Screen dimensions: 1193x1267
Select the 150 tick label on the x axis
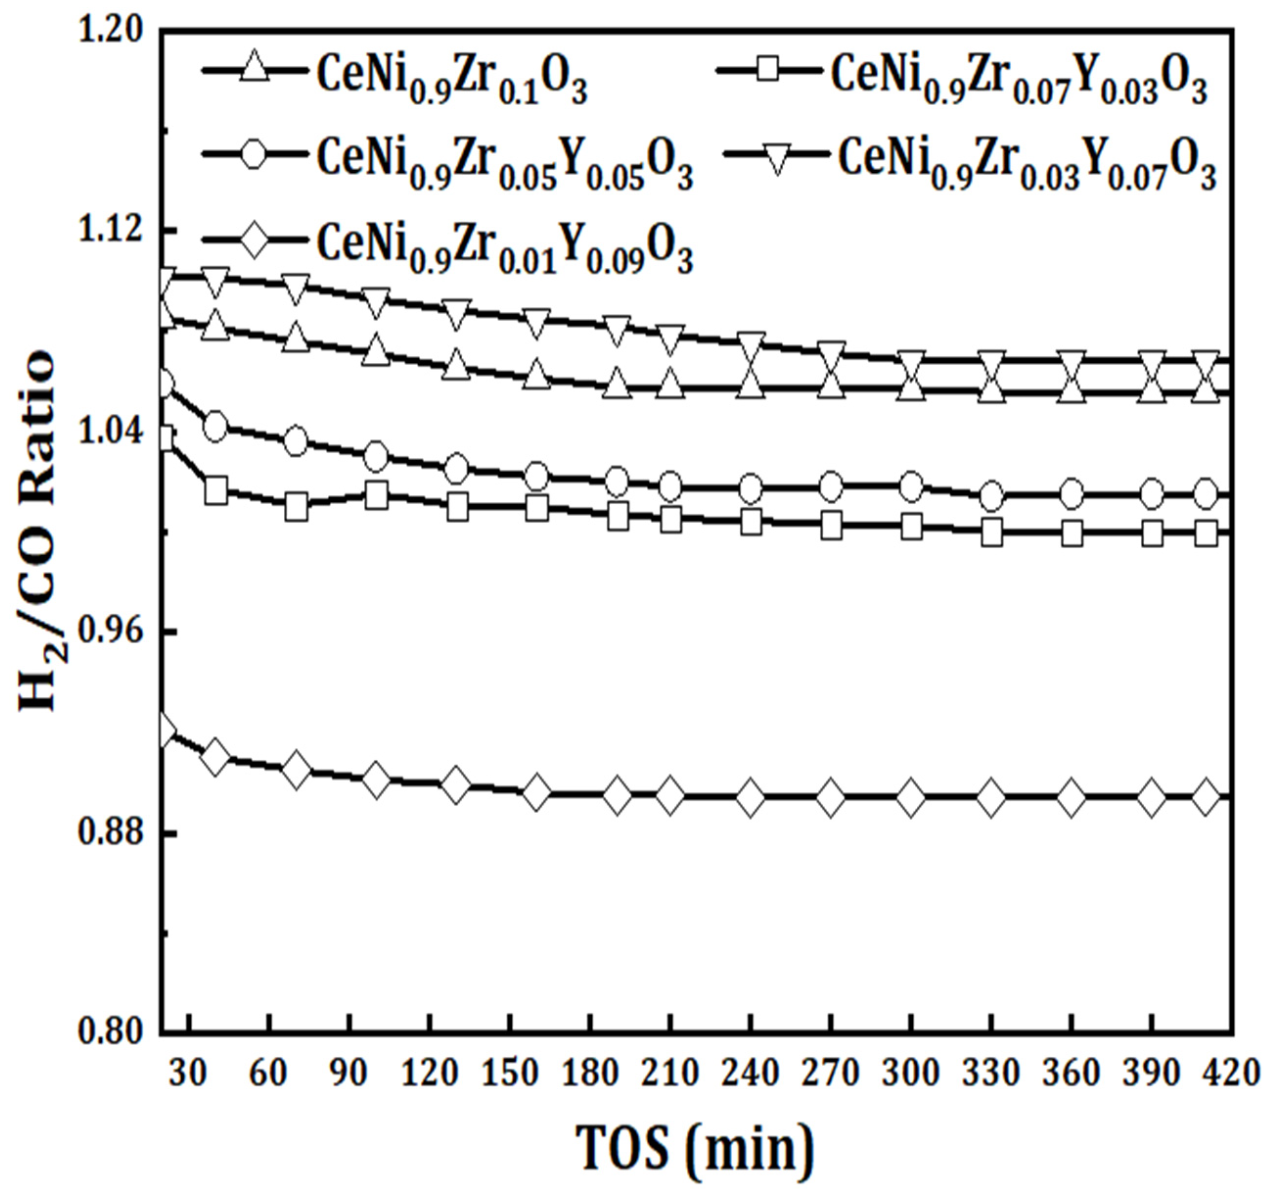pyautogui.click(x=510, y=1073)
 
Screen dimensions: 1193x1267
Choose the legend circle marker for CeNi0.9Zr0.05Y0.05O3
pyautogui.click(x=254, y=154)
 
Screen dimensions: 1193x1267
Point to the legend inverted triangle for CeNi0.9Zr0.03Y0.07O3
pyautogui.click(x=777, y=154)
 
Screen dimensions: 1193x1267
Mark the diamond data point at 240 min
pyautogui.click(x=750, y=797)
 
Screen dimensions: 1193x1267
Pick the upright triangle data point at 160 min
pyautogui.click(x=537, y=375)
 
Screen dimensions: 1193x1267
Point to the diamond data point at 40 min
pyautogui.click(x=215, y=757)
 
